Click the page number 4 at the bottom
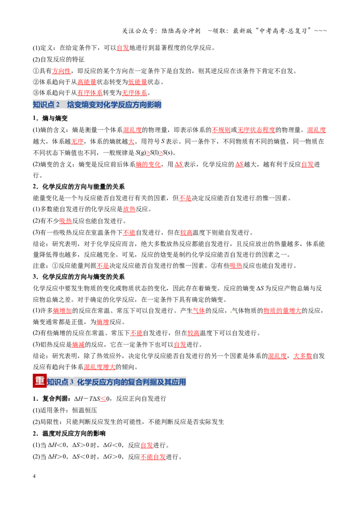point(34,476)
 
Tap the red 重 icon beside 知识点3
point(40,381)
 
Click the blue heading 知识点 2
point(46,104)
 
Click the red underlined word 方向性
point(61,71)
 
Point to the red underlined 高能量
point(87,82)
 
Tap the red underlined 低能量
point(138,82)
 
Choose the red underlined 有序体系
point(90,93)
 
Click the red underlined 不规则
point(221,130)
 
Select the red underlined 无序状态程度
point(256,130)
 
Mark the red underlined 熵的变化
point(148,165)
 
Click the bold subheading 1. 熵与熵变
point(50,119)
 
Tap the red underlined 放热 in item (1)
point(129,210)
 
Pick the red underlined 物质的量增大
point(282,311)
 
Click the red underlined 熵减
point(78,344)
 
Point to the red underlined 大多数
point(302,356)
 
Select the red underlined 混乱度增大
point(99,367)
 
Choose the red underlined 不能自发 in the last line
point(153,457)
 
